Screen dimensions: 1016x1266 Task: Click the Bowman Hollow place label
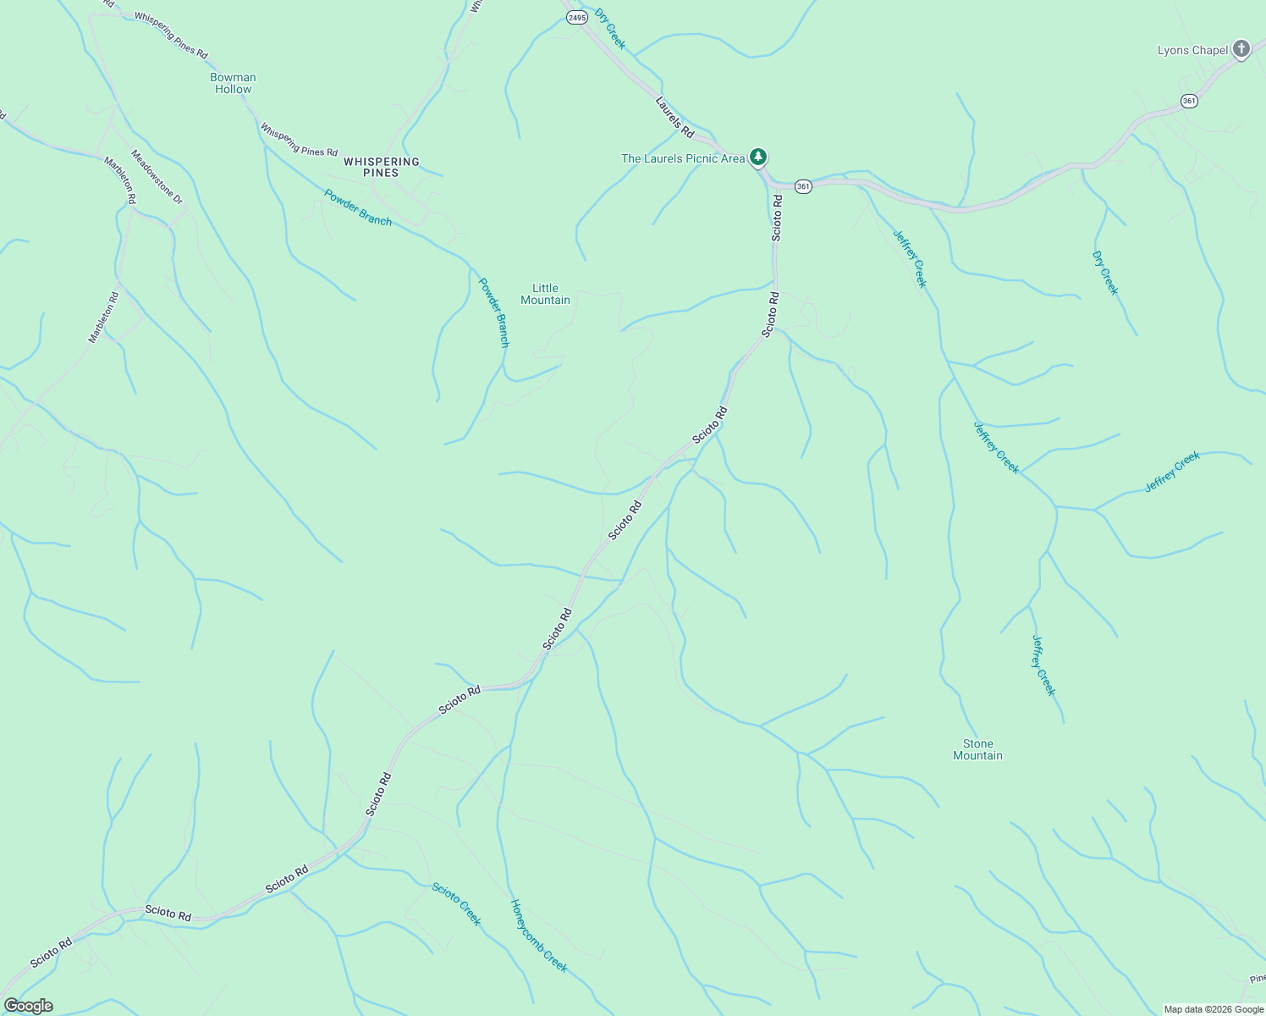[x=233, y=83]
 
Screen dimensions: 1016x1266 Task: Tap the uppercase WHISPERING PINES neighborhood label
[x=381, y=167]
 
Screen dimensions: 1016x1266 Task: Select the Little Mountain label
[x=545, y=294]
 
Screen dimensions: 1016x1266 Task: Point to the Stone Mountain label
[x=977, y=749]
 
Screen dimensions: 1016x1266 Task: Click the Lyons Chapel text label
[x=1192, y=50]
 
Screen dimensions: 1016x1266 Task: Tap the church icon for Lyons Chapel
[x=1241, y=48]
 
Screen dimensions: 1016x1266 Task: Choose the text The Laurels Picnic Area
[x=683, y=158]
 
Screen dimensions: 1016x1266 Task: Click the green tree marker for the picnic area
[x=758, y=157]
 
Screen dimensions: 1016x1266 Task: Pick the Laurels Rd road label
[x=674, y=116]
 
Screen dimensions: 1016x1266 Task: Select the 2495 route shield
[x=576, y=17]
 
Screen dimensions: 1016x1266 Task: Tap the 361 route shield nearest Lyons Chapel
[x=1189, y=101]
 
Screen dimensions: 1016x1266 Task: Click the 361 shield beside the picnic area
[x=803, y=185]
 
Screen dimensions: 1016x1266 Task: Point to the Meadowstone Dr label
[x=157, y=177]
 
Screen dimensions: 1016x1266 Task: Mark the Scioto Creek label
[x=456, y=903]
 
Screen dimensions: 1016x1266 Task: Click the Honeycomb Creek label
[x=538, y=936]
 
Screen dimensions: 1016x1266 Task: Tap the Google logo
[x=28, y=1006]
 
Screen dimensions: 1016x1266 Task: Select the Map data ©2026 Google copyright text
[x=1213, y=1009]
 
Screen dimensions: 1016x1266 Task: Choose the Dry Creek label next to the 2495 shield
[x=609, y=29]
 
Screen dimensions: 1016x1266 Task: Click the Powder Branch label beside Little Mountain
[x=494, y=312]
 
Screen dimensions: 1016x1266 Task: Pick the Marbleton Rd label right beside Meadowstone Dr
[x=119, y=179]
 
